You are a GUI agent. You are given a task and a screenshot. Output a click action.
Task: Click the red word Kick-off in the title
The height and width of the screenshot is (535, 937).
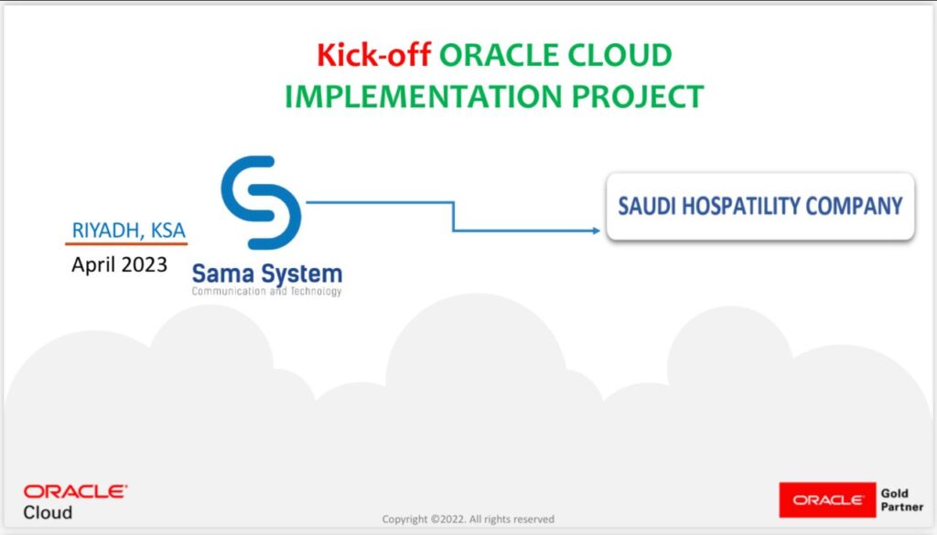click(x=373, y=56)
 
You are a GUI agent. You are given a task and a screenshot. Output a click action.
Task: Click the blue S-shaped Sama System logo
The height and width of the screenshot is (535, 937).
click(x=261, y=202)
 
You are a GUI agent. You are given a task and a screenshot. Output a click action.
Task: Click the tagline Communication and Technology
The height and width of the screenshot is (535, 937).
click(x=266, y=292)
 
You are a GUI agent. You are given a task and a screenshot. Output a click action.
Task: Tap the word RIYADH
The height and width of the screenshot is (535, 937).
click(x=103, y=230)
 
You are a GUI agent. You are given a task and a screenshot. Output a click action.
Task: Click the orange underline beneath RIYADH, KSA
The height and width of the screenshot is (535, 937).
click(x=126, y=244)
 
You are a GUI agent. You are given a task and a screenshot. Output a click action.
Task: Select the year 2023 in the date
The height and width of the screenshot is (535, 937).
click(x=143, y=265)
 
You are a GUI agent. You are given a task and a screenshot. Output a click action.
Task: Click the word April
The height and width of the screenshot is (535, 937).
click(x=93, y=265)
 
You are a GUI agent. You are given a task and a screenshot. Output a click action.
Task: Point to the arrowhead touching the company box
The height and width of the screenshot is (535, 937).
click(x=595, y=230)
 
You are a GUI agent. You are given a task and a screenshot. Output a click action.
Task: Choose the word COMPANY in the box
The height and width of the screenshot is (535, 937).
click(x=857, y=206)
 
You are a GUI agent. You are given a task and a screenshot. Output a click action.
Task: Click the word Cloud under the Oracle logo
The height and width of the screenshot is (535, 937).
click(x=48, y=512)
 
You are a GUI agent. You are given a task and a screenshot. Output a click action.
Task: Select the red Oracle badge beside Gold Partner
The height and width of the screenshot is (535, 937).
click(x=826, y=500)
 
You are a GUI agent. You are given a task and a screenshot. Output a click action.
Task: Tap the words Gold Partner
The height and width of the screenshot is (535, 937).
click(x=901, y=500)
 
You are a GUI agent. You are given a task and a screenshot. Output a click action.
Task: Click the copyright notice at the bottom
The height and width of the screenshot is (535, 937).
click(x=468, y=519)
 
